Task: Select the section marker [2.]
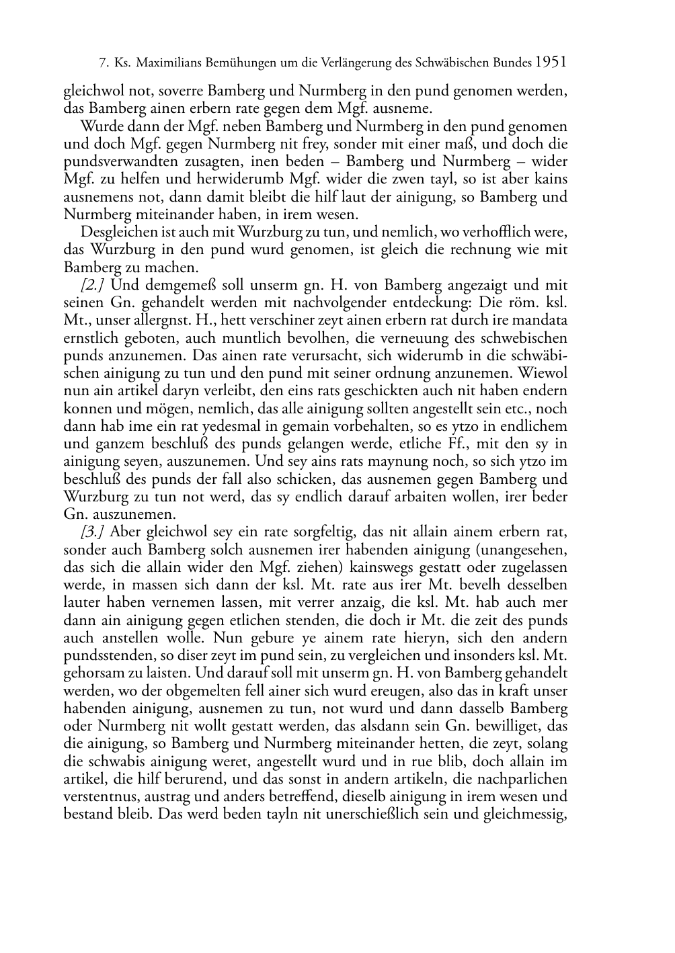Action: (x=91, y=285)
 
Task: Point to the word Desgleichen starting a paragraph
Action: (x=115, y=232)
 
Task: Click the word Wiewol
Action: (x=545, y=373)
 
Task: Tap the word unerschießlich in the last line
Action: (x=340, y=815)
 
